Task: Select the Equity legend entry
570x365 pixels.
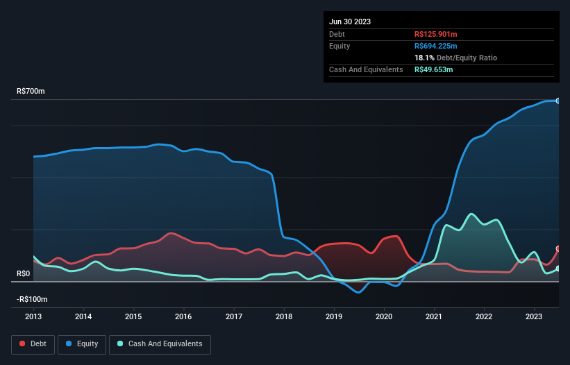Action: point(82,343)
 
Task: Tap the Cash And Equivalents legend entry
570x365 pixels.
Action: point(160,343)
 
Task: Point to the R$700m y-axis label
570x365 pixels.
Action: point(31,92)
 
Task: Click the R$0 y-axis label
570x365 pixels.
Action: point(24,274)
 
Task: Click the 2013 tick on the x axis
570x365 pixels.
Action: point(33,316)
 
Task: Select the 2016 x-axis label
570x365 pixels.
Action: point(184,316)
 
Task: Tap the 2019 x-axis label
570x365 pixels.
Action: point(335,316)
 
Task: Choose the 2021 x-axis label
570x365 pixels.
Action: point(435,316)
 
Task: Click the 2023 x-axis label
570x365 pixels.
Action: point(535,316)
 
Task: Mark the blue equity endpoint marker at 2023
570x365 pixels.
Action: point(558,101)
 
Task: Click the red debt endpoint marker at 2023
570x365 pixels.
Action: point(558,248)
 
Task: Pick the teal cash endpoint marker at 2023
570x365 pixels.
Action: point(558,269)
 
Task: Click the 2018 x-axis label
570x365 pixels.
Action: point(284,316)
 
